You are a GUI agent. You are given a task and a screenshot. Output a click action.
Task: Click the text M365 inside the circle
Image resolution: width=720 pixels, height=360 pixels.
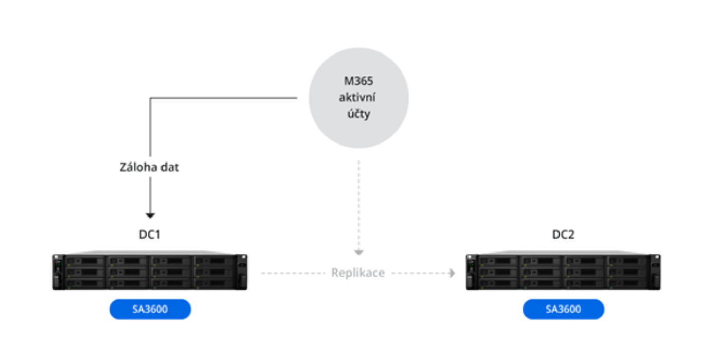pyautogui.click(x=358, y=82)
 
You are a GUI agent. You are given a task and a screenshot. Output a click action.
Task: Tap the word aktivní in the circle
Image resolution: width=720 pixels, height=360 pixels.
pyautogui.click(x=358, y=98)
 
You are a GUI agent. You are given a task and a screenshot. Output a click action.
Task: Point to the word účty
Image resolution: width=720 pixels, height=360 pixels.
pyautogui.click(x=358, y=114)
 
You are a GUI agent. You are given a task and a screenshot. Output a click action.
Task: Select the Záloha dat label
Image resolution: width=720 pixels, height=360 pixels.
pyautogui.click(x=150, y=167)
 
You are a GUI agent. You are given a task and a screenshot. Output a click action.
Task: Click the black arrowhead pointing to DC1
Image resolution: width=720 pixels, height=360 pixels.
pyautogui.click(x=150, y=215)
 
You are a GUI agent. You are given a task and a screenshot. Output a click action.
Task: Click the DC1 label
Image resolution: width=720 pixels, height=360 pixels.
pyautogui.click(x=150, y=235)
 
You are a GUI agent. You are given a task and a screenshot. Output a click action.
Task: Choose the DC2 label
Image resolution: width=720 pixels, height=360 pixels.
pyautogui.click(x=563, y=235)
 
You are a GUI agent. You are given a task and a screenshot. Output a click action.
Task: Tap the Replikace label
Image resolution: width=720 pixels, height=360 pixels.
pyautogui.click(x=358, y=273)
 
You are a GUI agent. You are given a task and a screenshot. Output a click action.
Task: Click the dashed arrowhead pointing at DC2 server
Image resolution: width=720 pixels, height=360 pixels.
pyautogui.click(x=452, y=273)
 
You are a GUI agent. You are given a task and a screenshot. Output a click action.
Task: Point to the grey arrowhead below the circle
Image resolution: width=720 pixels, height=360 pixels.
pyautogui.click(x=359, y=252)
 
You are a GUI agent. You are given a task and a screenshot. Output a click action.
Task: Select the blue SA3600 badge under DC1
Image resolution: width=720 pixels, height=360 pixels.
pyautogui.click(x=150, y=309)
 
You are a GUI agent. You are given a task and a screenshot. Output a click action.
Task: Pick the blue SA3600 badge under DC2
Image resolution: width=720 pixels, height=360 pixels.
pyautogui.click(x=563, y=309)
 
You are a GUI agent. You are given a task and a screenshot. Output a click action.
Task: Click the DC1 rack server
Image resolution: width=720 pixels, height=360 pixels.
pyautogui.click(x=150, y=272)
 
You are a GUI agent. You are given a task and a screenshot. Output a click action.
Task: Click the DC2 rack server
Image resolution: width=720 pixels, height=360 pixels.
pyautogui.click(x=563, y=272)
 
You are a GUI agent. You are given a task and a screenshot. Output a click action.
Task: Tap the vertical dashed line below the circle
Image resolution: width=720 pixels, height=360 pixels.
pyautogui.click(x=359, y=206)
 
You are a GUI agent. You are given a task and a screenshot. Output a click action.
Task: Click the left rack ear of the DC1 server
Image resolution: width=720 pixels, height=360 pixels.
pyautogui.click(x=57, y=272)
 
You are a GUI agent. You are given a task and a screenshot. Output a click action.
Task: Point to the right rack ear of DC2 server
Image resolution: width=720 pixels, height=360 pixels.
pyautogui.click(x=656, y=272)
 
